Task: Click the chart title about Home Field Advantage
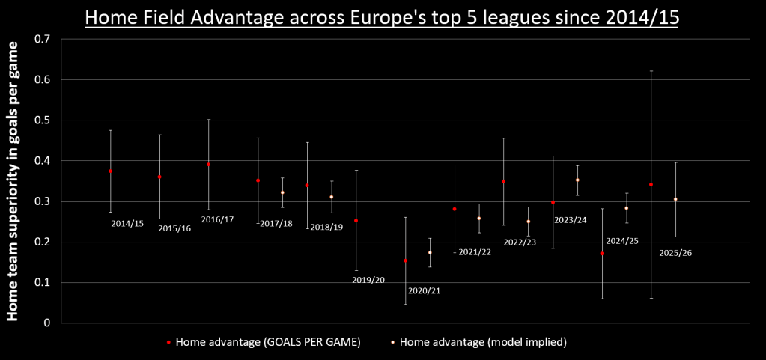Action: (x=383, y=17)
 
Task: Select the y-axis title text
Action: (x=13, y=181)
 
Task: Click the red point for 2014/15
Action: (x=110, y=171)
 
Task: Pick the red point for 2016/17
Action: (x=209, y=165)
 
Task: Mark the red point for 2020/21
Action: (x=405, y=260)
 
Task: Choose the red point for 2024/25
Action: (x=602, y=254)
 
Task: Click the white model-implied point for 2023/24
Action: (x=577, y=180)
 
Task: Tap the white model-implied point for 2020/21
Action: (x=430, y=252)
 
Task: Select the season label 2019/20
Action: (x=368, y=280)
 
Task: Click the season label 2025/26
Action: (x=675, y=253)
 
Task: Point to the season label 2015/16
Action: (x=174, y=228)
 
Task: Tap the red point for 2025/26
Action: (x=651, y=184)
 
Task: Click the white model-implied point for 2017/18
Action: (x=282, y=192)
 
